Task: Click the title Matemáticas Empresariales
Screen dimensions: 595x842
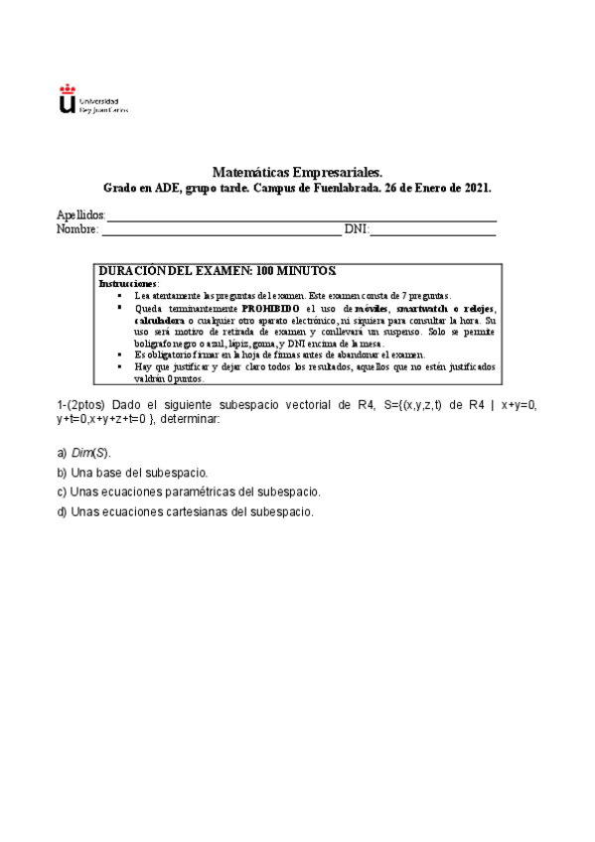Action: coord(297,172)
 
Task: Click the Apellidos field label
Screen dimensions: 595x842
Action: coord(79,215)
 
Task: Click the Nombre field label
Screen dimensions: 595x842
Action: coord(76,229)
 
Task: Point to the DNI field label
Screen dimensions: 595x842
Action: coord(356,229)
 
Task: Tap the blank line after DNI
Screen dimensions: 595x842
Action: coord(433,232)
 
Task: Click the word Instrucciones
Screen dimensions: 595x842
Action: coord(128,283)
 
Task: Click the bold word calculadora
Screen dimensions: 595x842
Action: coord(159,321)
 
